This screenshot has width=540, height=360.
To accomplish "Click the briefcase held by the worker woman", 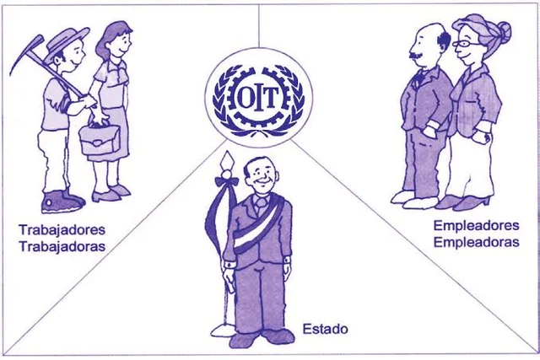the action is [100, 137].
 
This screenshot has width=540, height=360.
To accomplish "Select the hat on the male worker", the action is [67, 37].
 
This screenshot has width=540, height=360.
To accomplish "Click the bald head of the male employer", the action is [429, 34].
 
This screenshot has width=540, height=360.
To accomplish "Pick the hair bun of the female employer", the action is [504, 31].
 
